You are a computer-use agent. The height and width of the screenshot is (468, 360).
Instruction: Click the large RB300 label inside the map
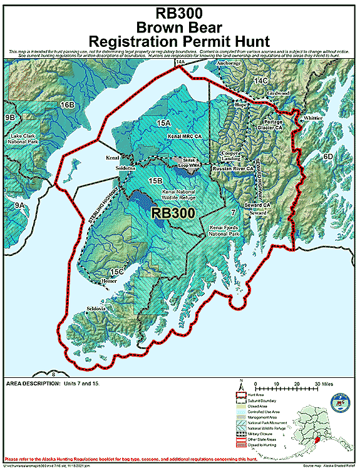[x=174, y=212]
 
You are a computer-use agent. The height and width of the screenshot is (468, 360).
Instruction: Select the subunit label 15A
[x=164, y=123]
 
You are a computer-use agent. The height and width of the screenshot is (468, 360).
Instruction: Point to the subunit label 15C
[x=115, y=272]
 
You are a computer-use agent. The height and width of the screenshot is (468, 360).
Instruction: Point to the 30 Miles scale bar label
[x=323, y=384]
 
